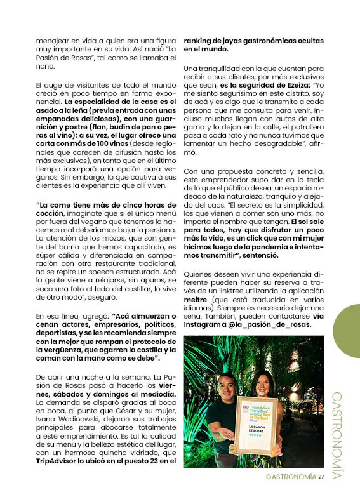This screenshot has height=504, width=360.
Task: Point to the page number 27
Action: click(x=321, y=477)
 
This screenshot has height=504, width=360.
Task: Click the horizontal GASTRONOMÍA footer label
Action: click(x=290, y=477)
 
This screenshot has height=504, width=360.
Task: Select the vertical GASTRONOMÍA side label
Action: click(x=337, y=435)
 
